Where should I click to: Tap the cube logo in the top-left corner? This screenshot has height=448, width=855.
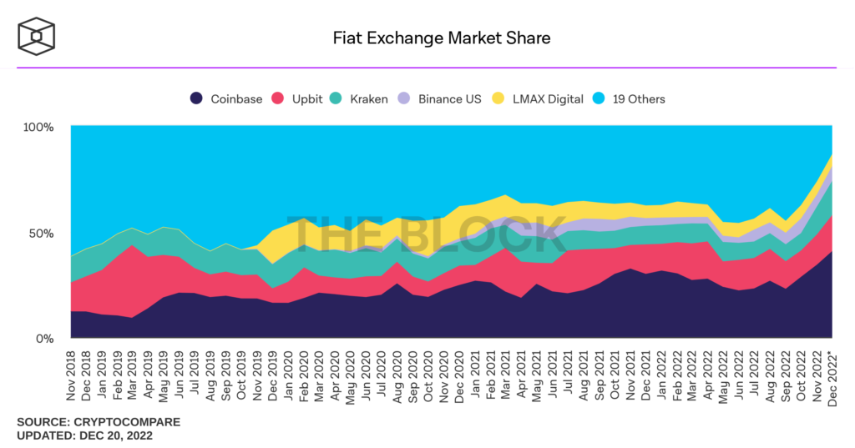[x=37, y=38]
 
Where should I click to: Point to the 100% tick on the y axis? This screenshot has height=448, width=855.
[x=38, y=127]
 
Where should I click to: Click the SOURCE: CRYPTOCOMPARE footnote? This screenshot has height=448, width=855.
[x=98, y=422]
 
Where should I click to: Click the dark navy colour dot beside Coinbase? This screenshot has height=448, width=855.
[x=197, y=98]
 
